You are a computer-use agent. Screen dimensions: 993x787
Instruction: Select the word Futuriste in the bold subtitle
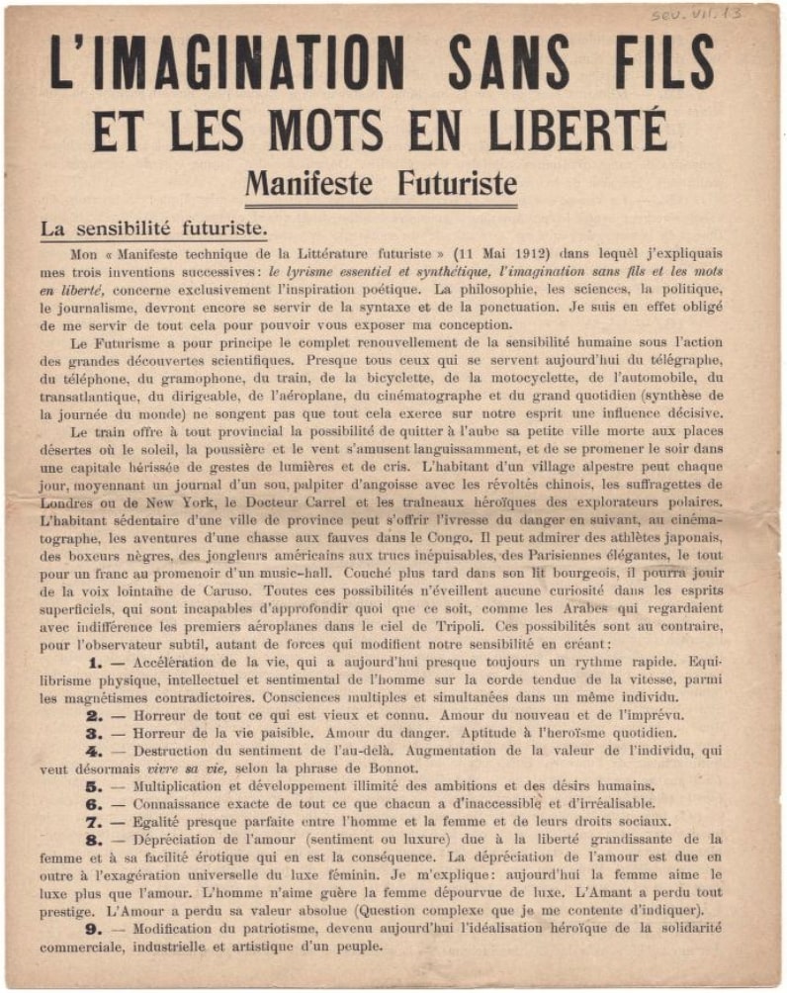pos(456,183)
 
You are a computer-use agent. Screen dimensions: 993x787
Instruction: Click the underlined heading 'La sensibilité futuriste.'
pos(152,227)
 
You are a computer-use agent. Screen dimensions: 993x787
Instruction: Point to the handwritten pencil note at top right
pos(698,15)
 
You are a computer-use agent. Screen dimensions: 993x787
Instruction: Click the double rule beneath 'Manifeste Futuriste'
pos(381,207)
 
